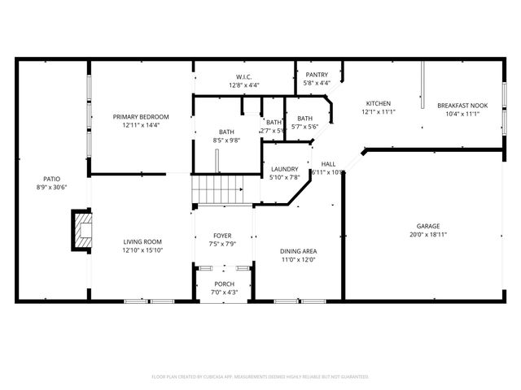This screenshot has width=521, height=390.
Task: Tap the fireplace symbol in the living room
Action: (82, 229)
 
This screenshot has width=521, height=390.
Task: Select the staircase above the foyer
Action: (217, 189)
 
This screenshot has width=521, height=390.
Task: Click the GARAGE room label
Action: (428, 227)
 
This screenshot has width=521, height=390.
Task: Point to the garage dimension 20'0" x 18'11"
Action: (428, 235)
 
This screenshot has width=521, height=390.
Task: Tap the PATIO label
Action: (52, 179)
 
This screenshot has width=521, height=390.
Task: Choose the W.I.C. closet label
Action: (243, 76)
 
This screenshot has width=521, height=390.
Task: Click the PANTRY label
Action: (317, 75)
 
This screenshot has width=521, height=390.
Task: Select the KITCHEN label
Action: (378, 103)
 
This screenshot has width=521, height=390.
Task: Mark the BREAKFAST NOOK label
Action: (461, 105)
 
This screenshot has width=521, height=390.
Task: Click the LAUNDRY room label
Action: (284, 169)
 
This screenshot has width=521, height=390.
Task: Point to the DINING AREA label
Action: (298, 251)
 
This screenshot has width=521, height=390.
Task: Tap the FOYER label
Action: (222, 236)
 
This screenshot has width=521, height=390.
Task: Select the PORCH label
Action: (223, 284)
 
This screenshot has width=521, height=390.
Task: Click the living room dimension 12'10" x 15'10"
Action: (142, 250)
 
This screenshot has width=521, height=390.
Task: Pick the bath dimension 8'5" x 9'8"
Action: (226, 140)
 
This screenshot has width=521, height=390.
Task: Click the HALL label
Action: (328, 163)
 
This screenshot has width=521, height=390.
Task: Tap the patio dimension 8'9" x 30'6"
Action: (52, 187)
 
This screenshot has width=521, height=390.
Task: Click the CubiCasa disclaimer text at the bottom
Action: (260, 377)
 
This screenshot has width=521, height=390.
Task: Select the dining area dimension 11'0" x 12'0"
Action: (298, 259)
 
